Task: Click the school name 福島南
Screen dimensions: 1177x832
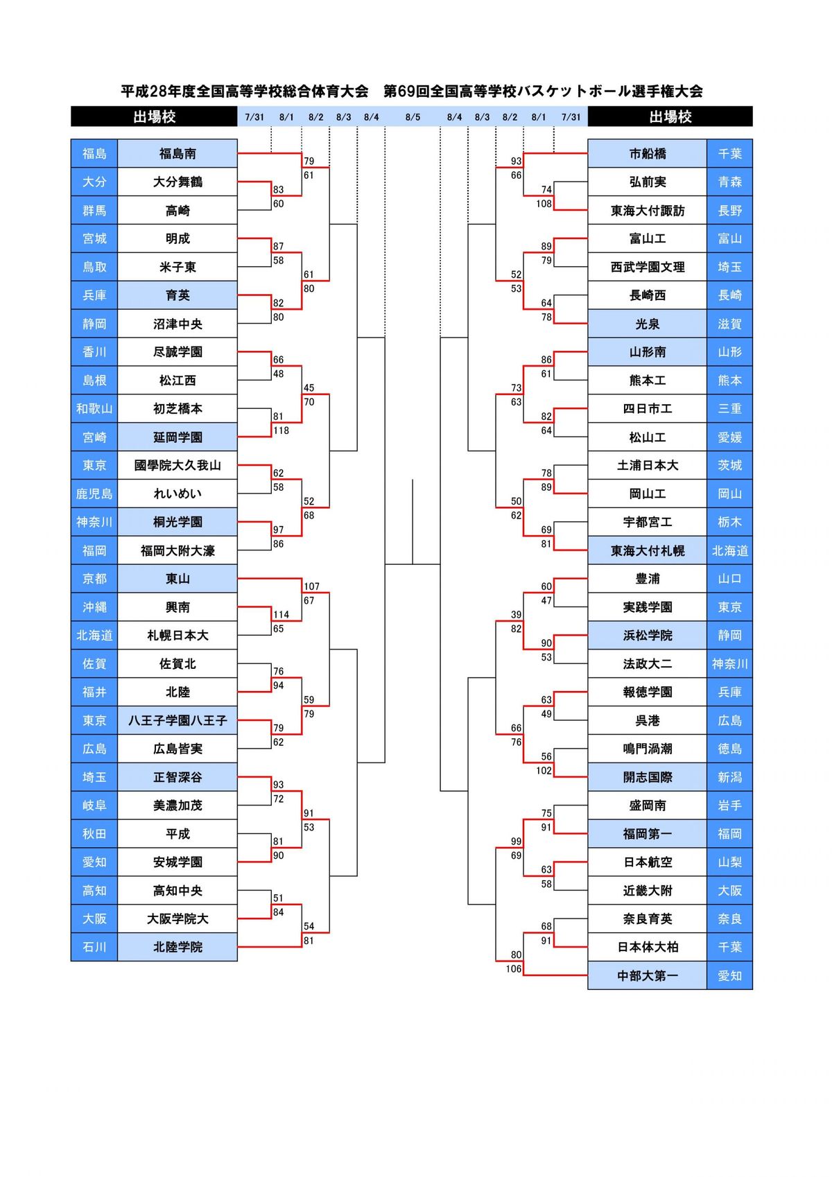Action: click(x=177, y=154)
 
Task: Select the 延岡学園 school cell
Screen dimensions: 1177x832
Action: click(x=177, y=437)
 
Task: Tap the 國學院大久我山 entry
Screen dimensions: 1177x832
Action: click(x=177, y=466)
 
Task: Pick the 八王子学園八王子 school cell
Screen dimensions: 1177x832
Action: click(x=177, y=721)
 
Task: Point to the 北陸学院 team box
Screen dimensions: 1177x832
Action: click(x=177, y=947)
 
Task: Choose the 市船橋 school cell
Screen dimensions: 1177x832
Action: click(x=647, y=154)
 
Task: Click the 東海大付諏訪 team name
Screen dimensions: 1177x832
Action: click(x=647, y=211)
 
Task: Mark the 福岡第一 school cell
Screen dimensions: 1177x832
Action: click(x=647, y=834)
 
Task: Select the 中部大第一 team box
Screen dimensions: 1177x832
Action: click(x=647, y=976)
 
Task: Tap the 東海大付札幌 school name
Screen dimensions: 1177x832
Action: click(x=647, y=551)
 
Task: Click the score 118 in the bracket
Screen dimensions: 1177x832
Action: click(x=281, y=430)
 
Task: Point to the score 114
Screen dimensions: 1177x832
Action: click(x=281, y=615)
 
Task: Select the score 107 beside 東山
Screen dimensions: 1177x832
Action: click(x=311, y=586)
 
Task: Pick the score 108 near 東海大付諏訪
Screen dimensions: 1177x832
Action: click(x=544, y=204)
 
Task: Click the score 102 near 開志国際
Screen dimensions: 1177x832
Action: click(x=544, y=771)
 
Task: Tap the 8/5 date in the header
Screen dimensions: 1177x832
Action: click(x=413, y=117)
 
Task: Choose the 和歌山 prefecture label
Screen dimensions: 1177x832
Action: click(x=94, y=409)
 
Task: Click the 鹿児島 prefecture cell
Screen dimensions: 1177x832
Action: click(x=94, y=494)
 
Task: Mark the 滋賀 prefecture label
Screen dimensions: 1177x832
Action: click(x=729, y=324)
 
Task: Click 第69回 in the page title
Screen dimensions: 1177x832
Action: click(x=406, y=91)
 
